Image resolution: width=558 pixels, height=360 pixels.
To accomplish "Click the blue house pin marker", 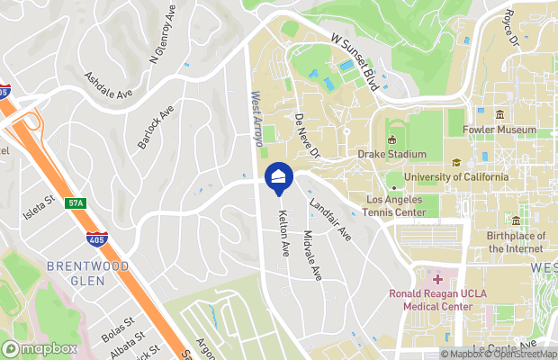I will coord(277,177).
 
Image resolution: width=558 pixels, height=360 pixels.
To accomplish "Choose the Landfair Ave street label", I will coord(330,220).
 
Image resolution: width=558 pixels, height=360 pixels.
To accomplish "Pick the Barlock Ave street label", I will coord(154,129).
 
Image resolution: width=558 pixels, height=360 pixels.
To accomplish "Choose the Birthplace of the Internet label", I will coord(516,241).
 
